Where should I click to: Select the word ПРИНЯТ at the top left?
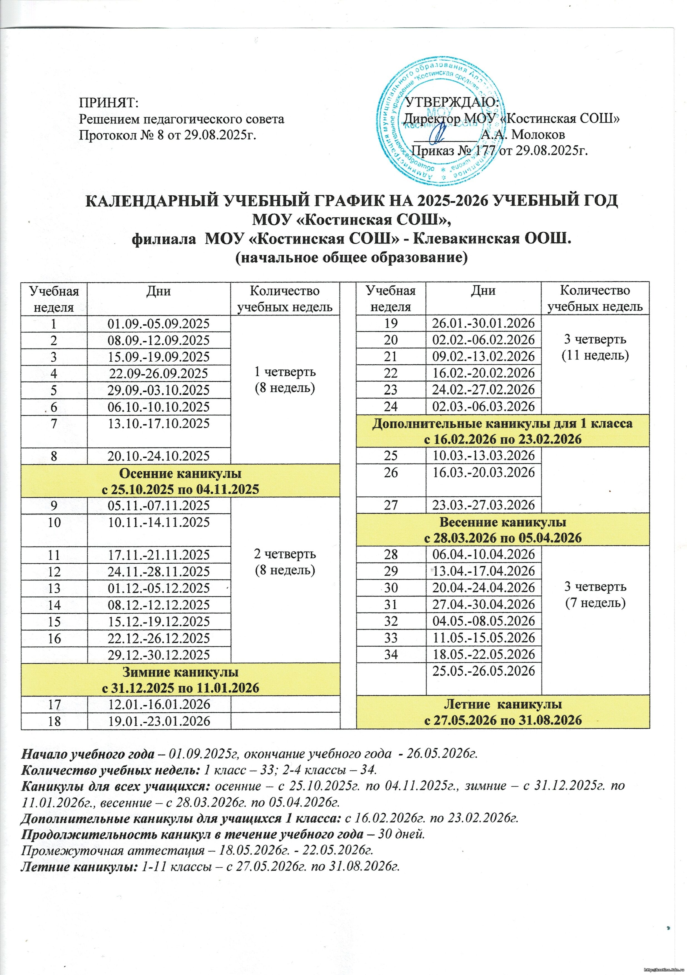[x=109, y=103]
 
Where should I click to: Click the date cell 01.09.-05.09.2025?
[x=159, y=324]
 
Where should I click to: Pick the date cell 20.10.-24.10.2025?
[x=159, y=456]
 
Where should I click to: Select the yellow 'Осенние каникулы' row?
[x=180, y=481]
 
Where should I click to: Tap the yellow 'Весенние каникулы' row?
[x=503, y=529]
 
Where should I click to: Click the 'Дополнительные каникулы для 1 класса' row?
[x=503, y=431]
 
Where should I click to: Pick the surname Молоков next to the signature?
[x=538, y=135]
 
